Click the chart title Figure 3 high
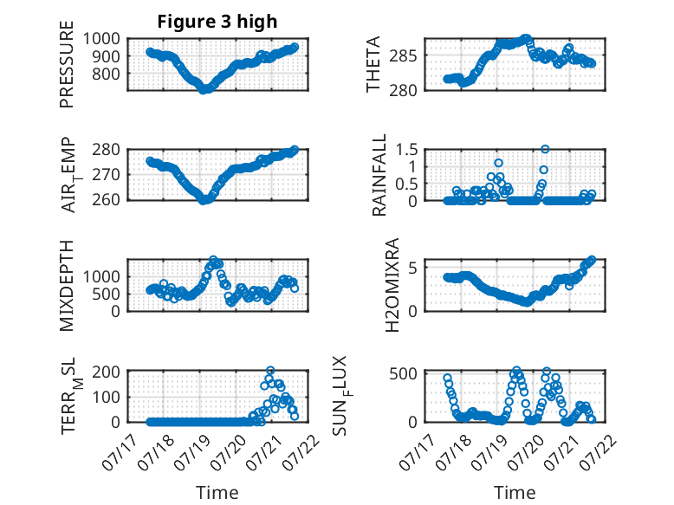[217, 22]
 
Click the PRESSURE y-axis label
[67, 64]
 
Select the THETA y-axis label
[373, 64]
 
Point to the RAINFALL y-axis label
[379, 175]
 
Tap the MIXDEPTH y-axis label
[67, 286]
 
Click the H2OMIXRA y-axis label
[392, 285]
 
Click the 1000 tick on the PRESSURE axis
[101, 39]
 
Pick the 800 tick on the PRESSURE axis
[107, 74]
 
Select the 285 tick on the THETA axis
[403, 55]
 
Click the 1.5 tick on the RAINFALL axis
[406, 150]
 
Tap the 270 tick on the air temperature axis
[107, 175]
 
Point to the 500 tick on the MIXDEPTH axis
[107, 294]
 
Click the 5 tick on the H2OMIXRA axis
[412, 268]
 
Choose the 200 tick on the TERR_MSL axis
[107, 372]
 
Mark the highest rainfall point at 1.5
[545, 149]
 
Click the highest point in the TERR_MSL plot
[270, 370]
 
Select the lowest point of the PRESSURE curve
[204, 89]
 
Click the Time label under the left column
[217, 492]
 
